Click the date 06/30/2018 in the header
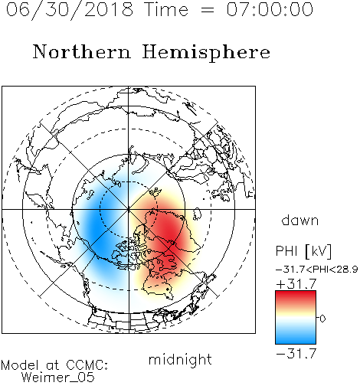(70, 9)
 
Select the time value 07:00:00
(270, 9)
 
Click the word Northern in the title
(81, 51)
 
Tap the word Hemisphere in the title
(206, 52)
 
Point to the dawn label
(300, 221)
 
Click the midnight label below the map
(180, 360)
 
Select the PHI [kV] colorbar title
(303, 251)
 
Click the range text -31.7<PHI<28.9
(316, 269)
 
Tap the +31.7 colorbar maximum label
(296, 284)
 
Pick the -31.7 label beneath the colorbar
(296, 354)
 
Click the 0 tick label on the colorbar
(322, 319)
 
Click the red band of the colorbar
(296, 298)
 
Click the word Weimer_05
(58, 378)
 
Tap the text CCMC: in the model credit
(87, 365)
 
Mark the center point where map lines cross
(129, 209)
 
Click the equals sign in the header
(208, 10)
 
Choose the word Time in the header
(166, 9)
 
